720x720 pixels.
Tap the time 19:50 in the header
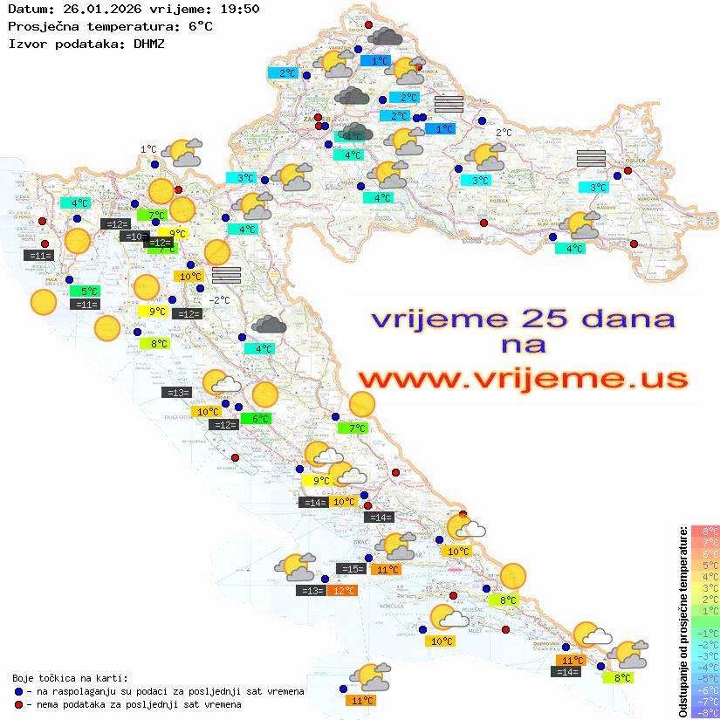pos(238,10)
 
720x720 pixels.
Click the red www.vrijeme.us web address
pos(522,378)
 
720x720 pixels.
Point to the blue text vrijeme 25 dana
pos(522,319)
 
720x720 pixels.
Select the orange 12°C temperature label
pos(342,591)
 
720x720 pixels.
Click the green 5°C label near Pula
pos(89,291)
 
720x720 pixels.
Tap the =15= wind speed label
pos(351,569)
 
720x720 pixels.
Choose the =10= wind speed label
pos(134,236)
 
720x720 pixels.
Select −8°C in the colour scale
pos(705,713)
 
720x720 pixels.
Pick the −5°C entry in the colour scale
pos(705,678)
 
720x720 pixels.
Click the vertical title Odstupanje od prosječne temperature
pos(683,621)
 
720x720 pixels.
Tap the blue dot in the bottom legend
pos(19,691)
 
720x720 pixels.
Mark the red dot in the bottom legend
pos(19,704)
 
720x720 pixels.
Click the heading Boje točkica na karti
pos(70,677)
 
